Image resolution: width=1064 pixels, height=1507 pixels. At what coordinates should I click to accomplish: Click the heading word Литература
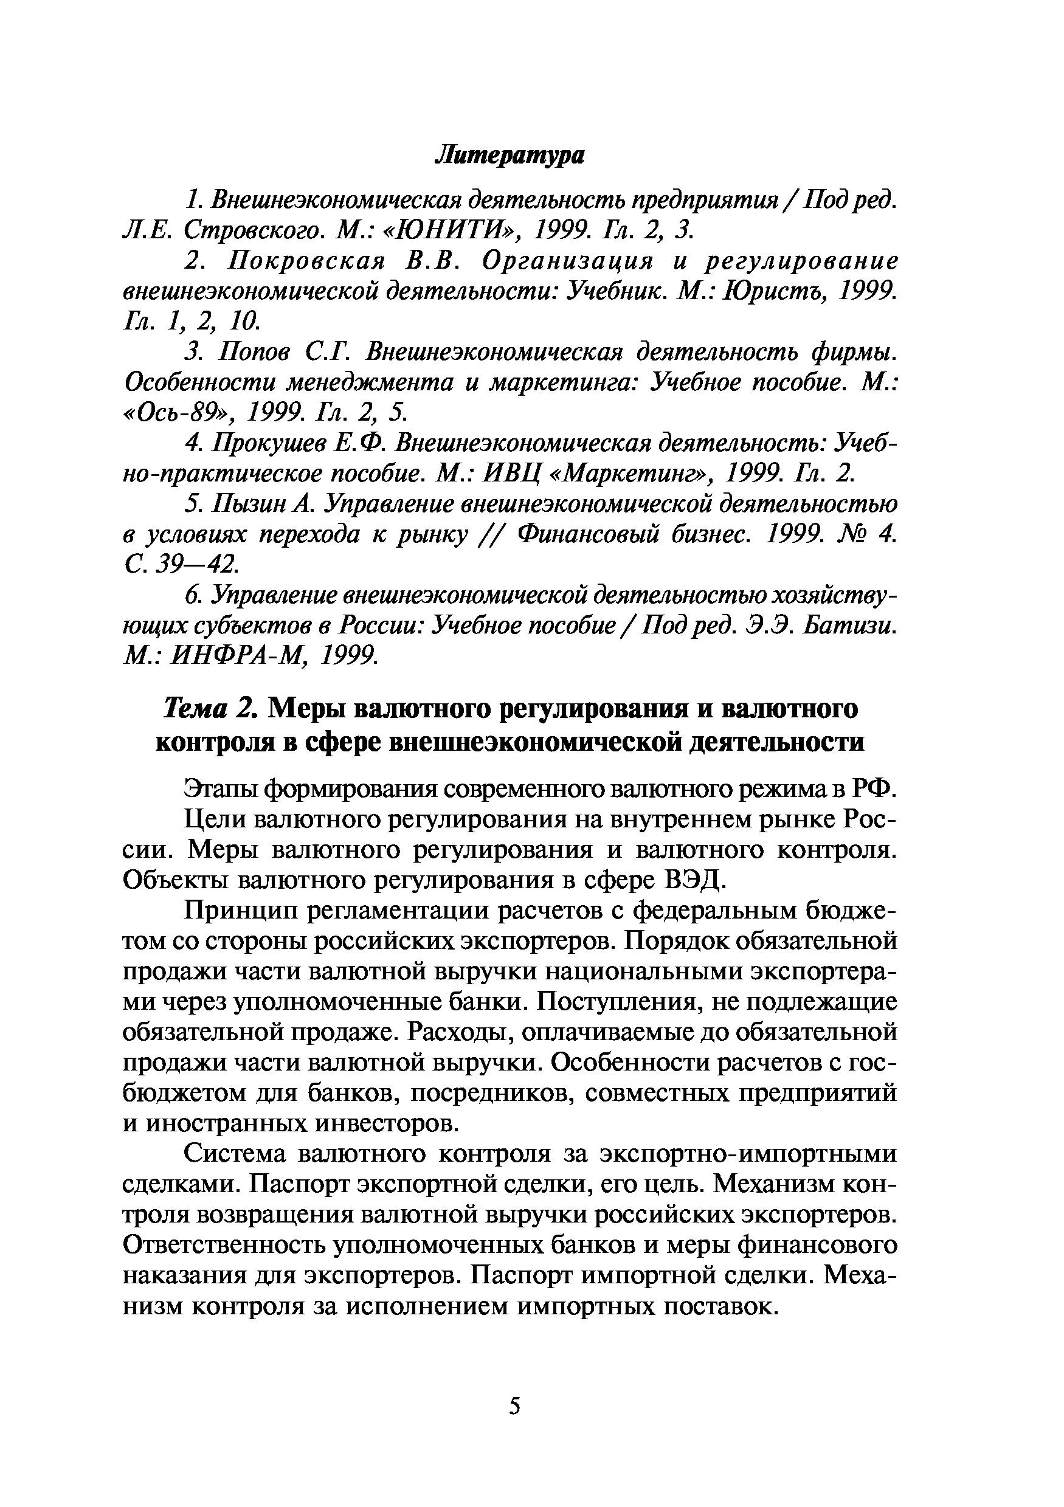510,156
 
